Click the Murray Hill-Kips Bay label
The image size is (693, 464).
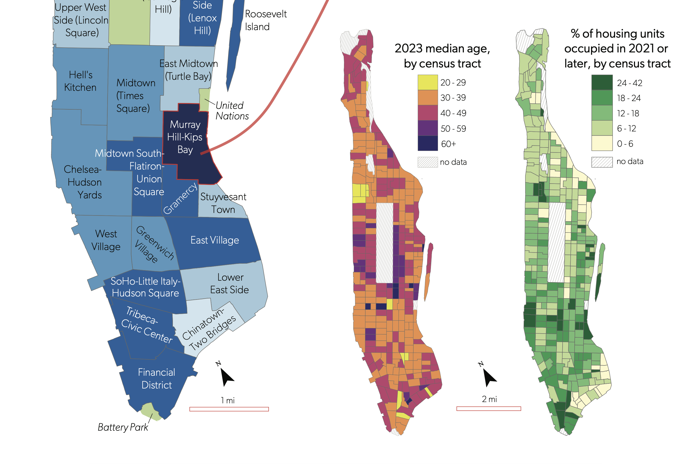(x=185, y=137)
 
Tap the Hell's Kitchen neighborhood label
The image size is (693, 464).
(x=80, y=81)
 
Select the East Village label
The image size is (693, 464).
(x=215, y=240)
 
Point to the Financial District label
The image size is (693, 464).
(x=157, y=378)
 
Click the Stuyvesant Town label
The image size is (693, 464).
(x=223, y=203)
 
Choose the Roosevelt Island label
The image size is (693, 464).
(x=265, y=20)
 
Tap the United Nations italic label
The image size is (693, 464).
(x=232, y=111)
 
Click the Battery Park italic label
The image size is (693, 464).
(x=123, y=427)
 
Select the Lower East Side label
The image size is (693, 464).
(x=230, y=283)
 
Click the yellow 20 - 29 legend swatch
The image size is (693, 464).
(x=427, y=82)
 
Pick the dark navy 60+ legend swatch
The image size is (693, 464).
(x=427, y=143)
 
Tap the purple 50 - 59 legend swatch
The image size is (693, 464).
(x=427, y=128)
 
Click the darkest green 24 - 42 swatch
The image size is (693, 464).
(x=602, y=82)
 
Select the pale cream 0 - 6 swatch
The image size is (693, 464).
(x=602, y=143)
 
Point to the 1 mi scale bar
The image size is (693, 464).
(x=229, y=409)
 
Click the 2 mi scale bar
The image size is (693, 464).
(x=488, y=409)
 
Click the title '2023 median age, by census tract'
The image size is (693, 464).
(x=442, y=56)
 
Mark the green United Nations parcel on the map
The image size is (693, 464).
(x=204, y=99)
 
